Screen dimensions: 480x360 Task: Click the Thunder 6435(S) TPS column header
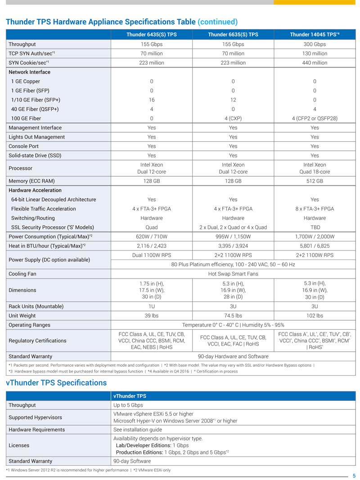(151, 35)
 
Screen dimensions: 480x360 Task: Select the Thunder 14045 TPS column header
(314, 35)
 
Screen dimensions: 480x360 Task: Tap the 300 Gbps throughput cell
(314, 44)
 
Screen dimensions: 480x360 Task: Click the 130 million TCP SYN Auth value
(314, 54)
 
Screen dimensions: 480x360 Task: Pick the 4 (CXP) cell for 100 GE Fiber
(233, 118)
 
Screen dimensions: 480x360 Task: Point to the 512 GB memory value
(314, 181)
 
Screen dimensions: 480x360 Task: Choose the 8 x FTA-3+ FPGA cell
(314, 209)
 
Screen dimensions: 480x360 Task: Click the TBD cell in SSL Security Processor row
(314, 227)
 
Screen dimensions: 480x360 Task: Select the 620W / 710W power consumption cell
(151, 237)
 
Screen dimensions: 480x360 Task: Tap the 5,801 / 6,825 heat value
(314, 246)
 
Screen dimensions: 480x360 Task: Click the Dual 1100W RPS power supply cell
(151, 255)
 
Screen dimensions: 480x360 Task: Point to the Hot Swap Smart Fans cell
(233, 274)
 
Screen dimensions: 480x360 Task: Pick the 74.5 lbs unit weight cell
(233, 316)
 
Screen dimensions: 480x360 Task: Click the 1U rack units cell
(151, 306)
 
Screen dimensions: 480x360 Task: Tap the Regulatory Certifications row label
(37, 341)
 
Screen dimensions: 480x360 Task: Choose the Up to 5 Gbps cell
(128, 405)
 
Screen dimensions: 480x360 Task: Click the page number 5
(354, 476)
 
